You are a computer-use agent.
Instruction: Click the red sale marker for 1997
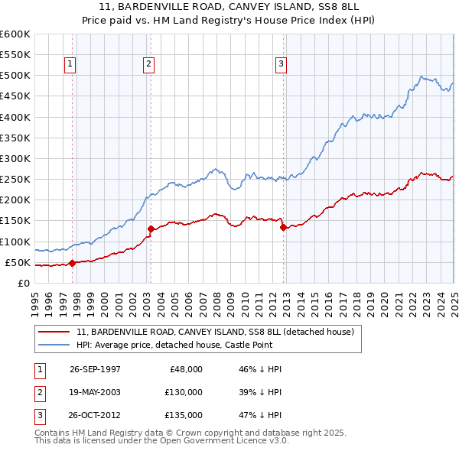tap(73, 263)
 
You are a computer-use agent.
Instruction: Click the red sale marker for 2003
tap(151, 229)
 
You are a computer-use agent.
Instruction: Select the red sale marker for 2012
tap(283, 226)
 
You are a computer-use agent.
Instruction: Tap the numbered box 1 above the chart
tap(70, 65)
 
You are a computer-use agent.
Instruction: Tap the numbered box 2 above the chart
tap(148, 65)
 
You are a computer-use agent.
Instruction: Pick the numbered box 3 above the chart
tap(281, 65)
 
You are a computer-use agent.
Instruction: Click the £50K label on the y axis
tap(18, 262)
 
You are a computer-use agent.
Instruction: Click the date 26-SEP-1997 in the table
tap(95, 368)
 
